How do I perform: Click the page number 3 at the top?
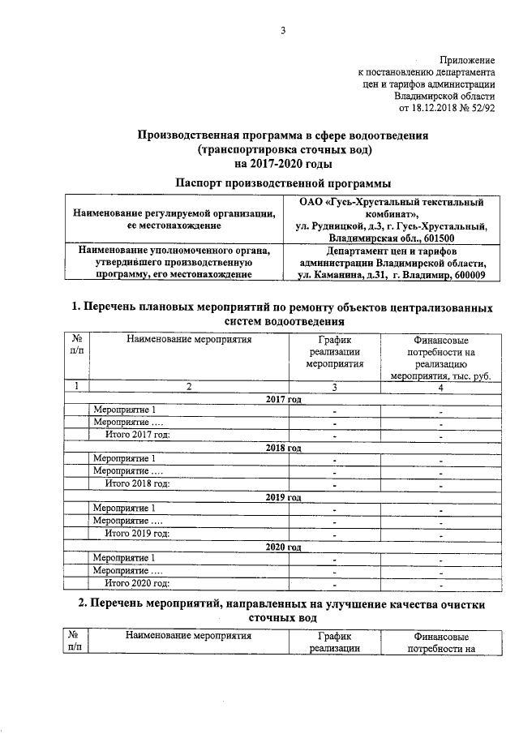coord(283,31)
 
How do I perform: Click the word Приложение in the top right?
coord(466,61)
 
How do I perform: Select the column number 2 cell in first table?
coord(188,387)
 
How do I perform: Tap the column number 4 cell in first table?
coord(441,387)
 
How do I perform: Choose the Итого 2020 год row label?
coord(138,582)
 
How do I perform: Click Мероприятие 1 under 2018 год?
coord(124,460)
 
